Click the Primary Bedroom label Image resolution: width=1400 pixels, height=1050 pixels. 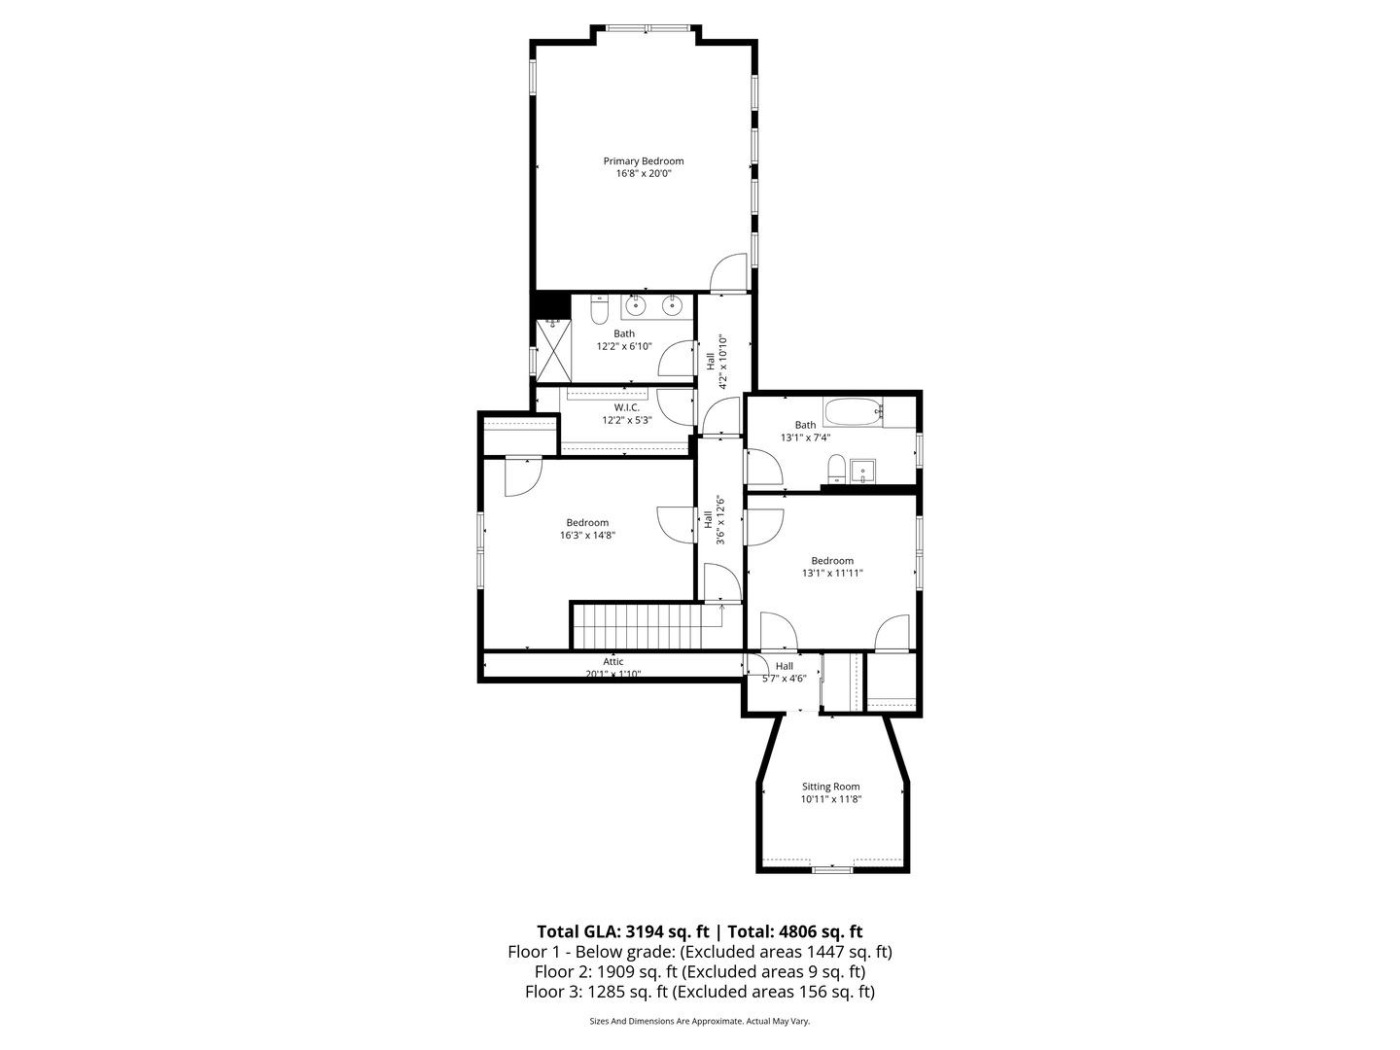(x=643, y=161)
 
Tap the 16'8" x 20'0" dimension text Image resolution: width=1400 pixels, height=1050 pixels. (x=643, y=174)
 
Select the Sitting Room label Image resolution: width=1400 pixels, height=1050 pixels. (x=830, y=787)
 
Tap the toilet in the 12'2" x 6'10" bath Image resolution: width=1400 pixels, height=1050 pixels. (x=600, y=310)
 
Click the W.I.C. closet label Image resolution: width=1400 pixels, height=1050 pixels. (x=626, y=407)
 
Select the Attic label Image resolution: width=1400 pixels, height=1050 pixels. (x=612, y=662)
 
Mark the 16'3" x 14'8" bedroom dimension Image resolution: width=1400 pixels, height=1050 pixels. (x=587, y=535)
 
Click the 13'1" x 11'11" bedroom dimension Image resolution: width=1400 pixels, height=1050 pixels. (x=832, y=574)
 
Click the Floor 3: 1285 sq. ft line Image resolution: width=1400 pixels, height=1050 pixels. (x=700, y=993)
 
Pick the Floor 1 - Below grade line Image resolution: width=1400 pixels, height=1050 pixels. (x=700, y=952)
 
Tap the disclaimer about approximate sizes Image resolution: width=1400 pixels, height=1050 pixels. (x=700, y=1022)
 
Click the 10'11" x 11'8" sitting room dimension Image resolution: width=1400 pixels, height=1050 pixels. (x=831, y=799)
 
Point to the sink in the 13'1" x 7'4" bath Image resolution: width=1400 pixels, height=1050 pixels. (x=861, y=473)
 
